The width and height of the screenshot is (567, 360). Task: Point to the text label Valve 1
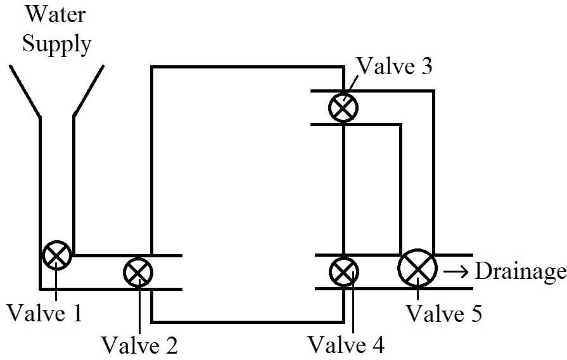click(45, 312)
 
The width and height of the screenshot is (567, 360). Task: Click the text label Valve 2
click(139, 345)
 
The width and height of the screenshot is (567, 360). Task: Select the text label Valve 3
click(394, 66)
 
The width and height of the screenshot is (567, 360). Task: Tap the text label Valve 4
click(346, 344)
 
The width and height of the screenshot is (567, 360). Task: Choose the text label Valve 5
click(445, 313)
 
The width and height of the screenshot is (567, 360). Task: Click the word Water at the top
click(56, 15)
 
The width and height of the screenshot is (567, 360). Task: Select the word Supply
click(57, 45)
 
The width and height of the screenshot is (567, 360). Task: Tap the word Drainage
click(520, 271)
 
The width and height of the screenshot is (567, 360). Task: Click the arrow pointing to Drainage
click(456, 271)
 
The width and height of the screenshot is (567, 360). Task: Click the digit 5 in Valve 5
click(476, 313)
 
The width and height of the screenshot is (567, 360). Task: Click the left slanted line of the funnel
click(25, 91)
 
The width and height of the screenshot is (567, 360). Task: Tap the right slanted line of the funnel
click(89, 91)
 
